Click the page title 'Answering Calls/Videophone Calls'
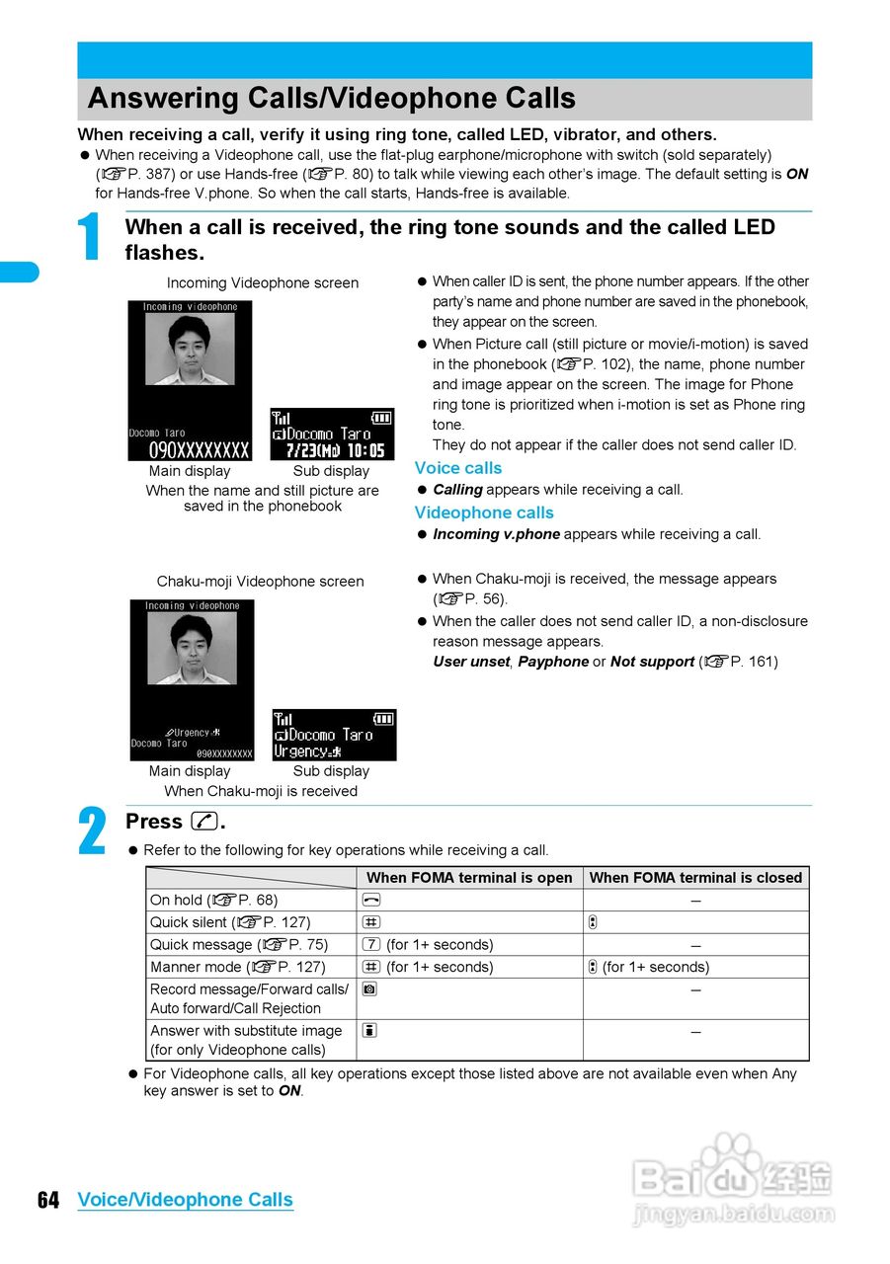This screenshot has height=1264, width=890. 331,99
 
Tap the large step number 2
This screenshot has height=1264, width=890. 92,832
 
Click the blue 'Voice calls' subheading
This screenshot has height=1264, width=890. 457,468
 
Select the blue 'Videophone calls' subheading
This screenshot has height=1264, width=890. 484,513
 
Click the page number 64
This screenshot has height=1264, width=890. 48,1200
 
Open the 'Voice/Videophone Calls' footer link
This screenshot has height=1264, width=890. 185,1200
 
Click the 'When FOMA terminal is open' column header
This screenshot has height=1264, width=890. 469,878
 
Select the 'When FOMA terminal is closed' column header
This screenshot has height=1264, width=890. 695,878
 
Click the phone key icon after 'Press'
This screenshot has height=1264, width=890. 205,822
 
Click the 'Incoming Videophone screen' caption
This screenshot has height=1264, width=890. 262,283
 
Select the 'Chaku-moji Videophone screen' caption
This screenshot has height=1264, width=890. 260,582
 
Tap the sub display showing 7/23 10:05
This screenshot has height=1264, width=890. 332,434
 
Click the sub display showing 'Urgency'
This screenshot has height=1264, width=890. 334,735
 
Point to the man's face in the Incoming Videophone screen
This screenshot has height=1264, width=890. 189,341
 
